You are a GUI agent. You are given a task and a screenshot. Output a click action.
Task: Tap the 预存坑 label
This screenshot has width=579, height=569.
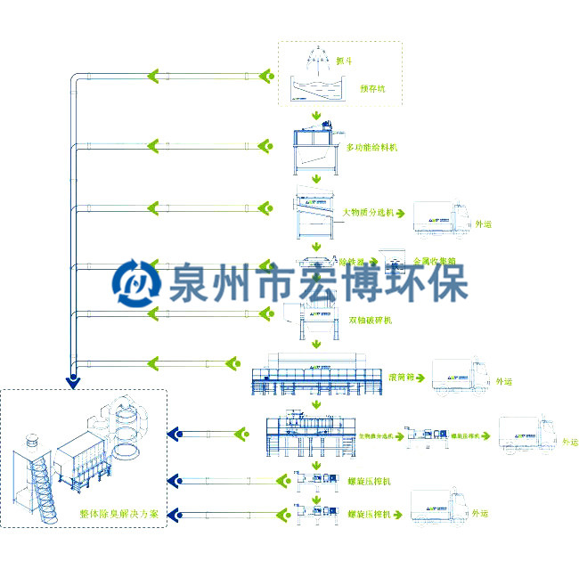[371, 89]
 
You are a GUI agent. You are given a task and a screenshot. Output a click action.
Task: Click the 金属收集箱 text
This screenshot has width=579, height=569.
[435, 262]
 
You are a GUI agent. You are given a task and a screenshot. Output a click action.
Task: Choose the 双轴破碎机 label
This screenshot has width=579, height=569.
[371, 320]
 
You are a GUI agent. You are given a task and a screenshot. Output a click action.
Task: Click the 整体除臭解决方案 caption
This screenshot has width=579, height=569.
[118, 514]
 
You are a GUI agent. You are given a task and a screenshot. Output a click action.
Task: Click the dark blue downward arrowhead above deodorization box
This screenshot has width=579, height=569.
[73, 383]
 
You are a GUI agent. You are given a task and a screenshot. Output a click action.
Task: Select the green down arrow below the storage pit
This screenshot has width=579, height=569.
[316, 117]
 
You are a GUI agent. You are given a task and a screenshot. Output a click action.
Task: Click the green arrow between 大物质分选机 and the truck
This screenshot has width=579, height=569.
[400, 215]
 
